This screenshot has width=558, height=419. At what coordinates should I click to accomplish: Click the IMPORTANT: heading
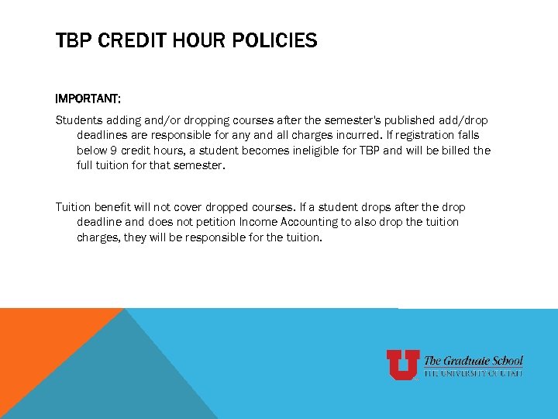(88, 99)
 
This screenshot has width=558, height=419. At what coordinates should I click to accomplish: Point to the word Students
(80, 120)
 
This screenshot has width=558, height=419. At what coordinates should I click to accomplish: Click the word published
(386, 120)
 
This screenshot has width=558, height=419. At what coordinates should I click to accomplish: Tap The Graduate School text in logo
(473, 361)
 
